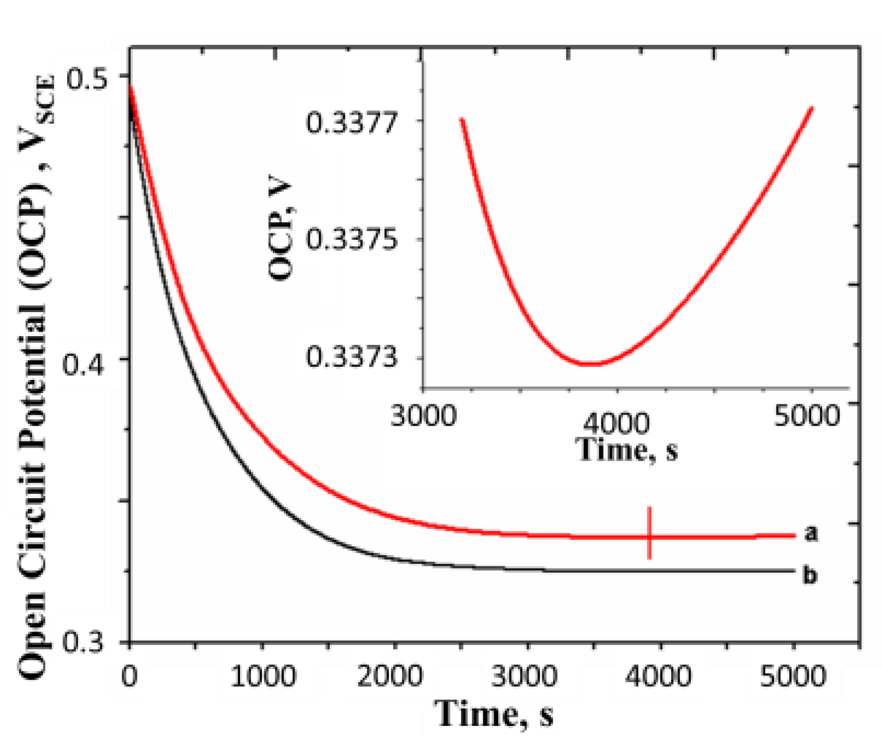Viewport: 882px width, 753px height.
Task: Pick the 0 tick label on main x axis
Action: tap(130, 676)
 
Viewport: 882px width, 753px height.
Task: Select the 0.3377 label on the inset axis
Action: tap(351, 124)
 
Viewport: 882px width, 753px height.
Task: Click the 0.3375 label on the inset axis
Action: tap(351, 240)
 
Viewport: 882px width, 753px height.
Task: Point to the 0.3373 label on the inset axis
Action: tap(351, 357)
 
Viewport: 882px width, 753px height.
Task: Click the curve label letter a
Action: tap(811, 533)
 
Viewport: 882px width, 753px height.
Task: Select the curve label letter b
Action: tap(810, 575)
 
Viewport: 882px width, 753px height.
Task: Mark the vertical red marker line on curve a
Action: tap(649, 532)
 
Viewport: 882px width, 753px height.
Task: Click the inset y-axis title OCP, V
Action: tap(281, 229)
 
